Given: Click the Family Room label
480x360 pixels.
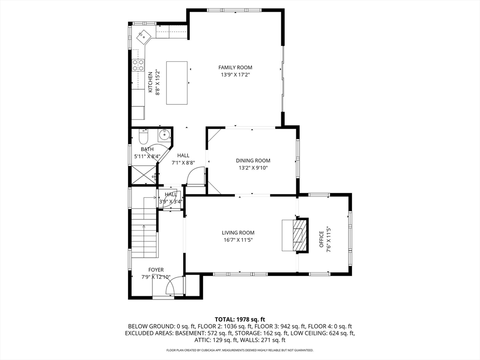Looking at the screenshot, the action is (235, 67).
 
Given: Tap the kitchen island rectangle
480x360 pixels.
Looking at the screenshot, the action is (177, 82).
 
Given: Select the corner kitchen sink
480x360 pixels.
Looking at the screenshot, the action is (143, 37).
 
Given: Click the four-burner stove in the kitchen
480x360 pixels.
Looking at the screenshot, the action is (138, 65).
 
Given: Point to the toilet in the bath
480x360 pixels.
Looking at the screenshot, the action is (143, 137).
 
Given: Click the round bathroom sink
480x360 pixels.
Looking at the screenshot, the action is (164, 135).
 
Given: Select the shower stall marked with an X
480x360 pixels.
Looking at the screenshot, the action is (144, 175).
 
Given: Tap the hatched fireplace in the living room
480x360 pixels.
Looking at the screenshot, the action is (297, 235).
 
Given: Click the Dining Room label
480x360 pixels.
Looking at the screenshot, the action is (253, 160).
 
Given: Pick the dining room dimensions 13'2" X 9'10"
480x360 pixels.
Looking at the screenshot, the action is (253, 168).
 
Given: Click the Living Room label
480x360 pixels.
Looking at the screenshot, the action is (238, 232).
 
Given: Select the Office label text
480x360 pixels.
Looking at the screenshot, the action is (322, 240).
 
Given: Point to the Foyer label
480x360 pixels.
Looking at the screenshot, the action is (156, 270).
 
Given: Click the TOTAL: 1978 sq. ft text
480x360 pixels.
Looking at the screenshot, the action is (240, 320).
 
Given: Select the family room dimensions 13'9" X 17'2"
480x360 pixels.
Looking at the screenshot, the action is (235, 75).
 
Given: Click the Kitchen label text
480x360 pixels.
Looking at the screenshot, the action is (150, 82).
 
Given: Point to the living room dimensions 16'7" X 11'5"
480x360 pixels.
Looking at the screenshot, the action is (238, 240).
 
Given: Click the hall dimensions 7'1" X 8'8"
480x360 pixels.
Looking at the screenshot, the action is (183, 163).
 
